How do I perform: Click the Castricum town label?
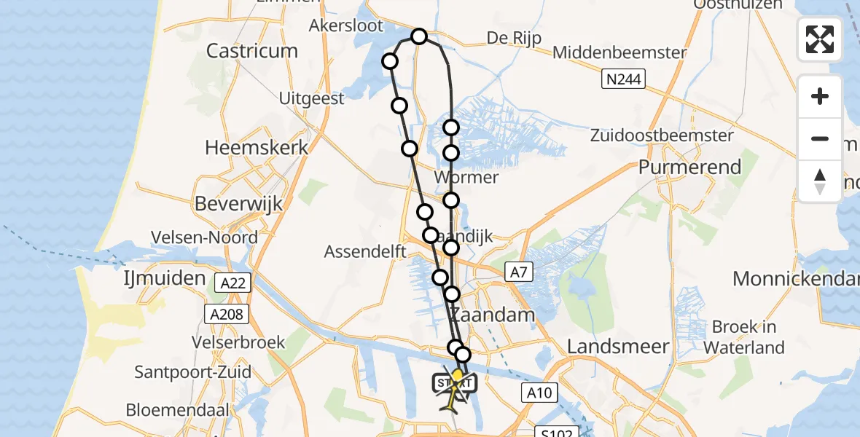point(252,51)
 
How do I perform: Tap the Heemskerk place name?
point(257,147)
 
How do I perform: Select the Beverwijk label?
point(238,203)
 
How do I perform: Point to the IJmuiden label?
point(165,278)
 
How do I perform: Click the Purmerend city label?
point(689,167)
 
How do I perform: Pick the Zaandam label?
point(492,315)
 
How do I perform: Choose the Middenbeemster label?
point(619,52)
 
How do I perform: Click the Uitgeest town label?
point(312,98)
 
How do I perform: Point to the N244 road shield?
point(622,79)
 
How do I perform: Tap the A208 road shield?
point(227,314)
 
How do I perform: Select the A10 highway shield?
point(539,393)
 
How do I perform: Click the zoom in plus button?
point(820,96)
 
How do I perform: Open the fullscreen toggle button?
point(820,39)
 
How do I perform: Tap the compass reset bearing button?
point(820,181)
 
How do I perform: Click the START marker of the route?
point(454,382)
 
